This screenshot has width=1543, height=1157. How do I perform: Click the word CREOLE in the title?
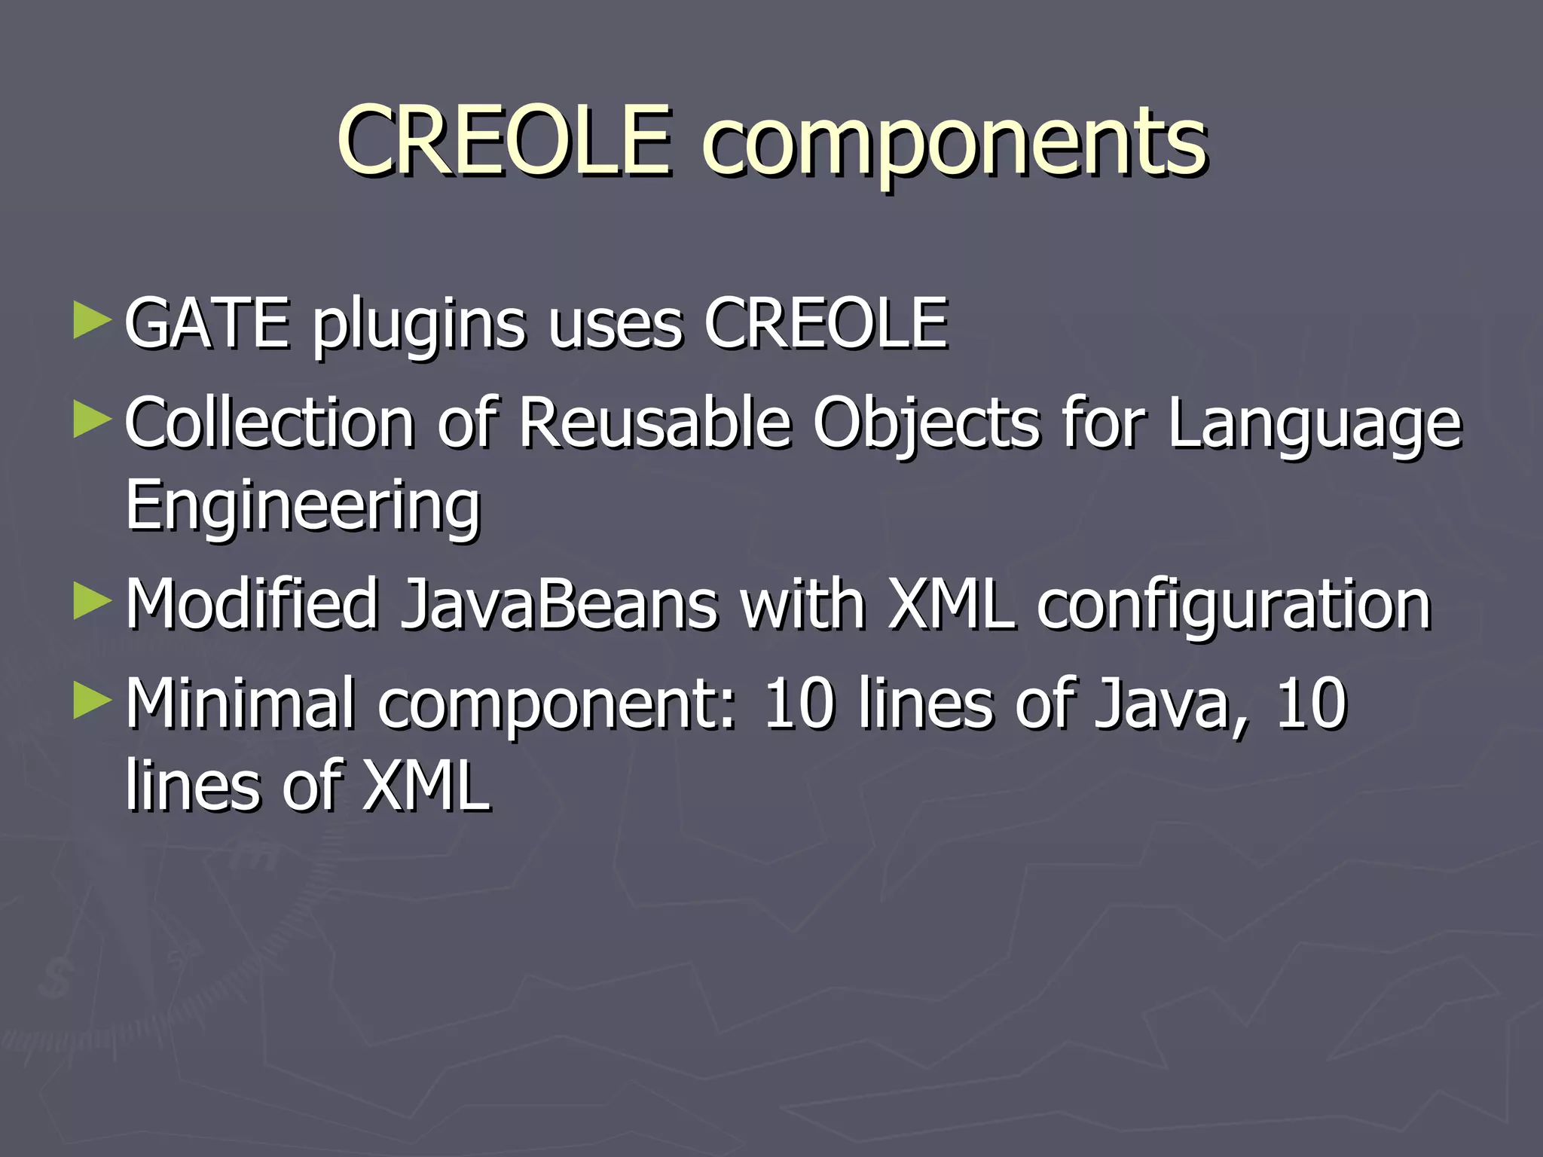(x=503, y=139)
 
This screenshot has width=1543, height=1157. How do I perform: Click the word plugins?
(x=419, y=325)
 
